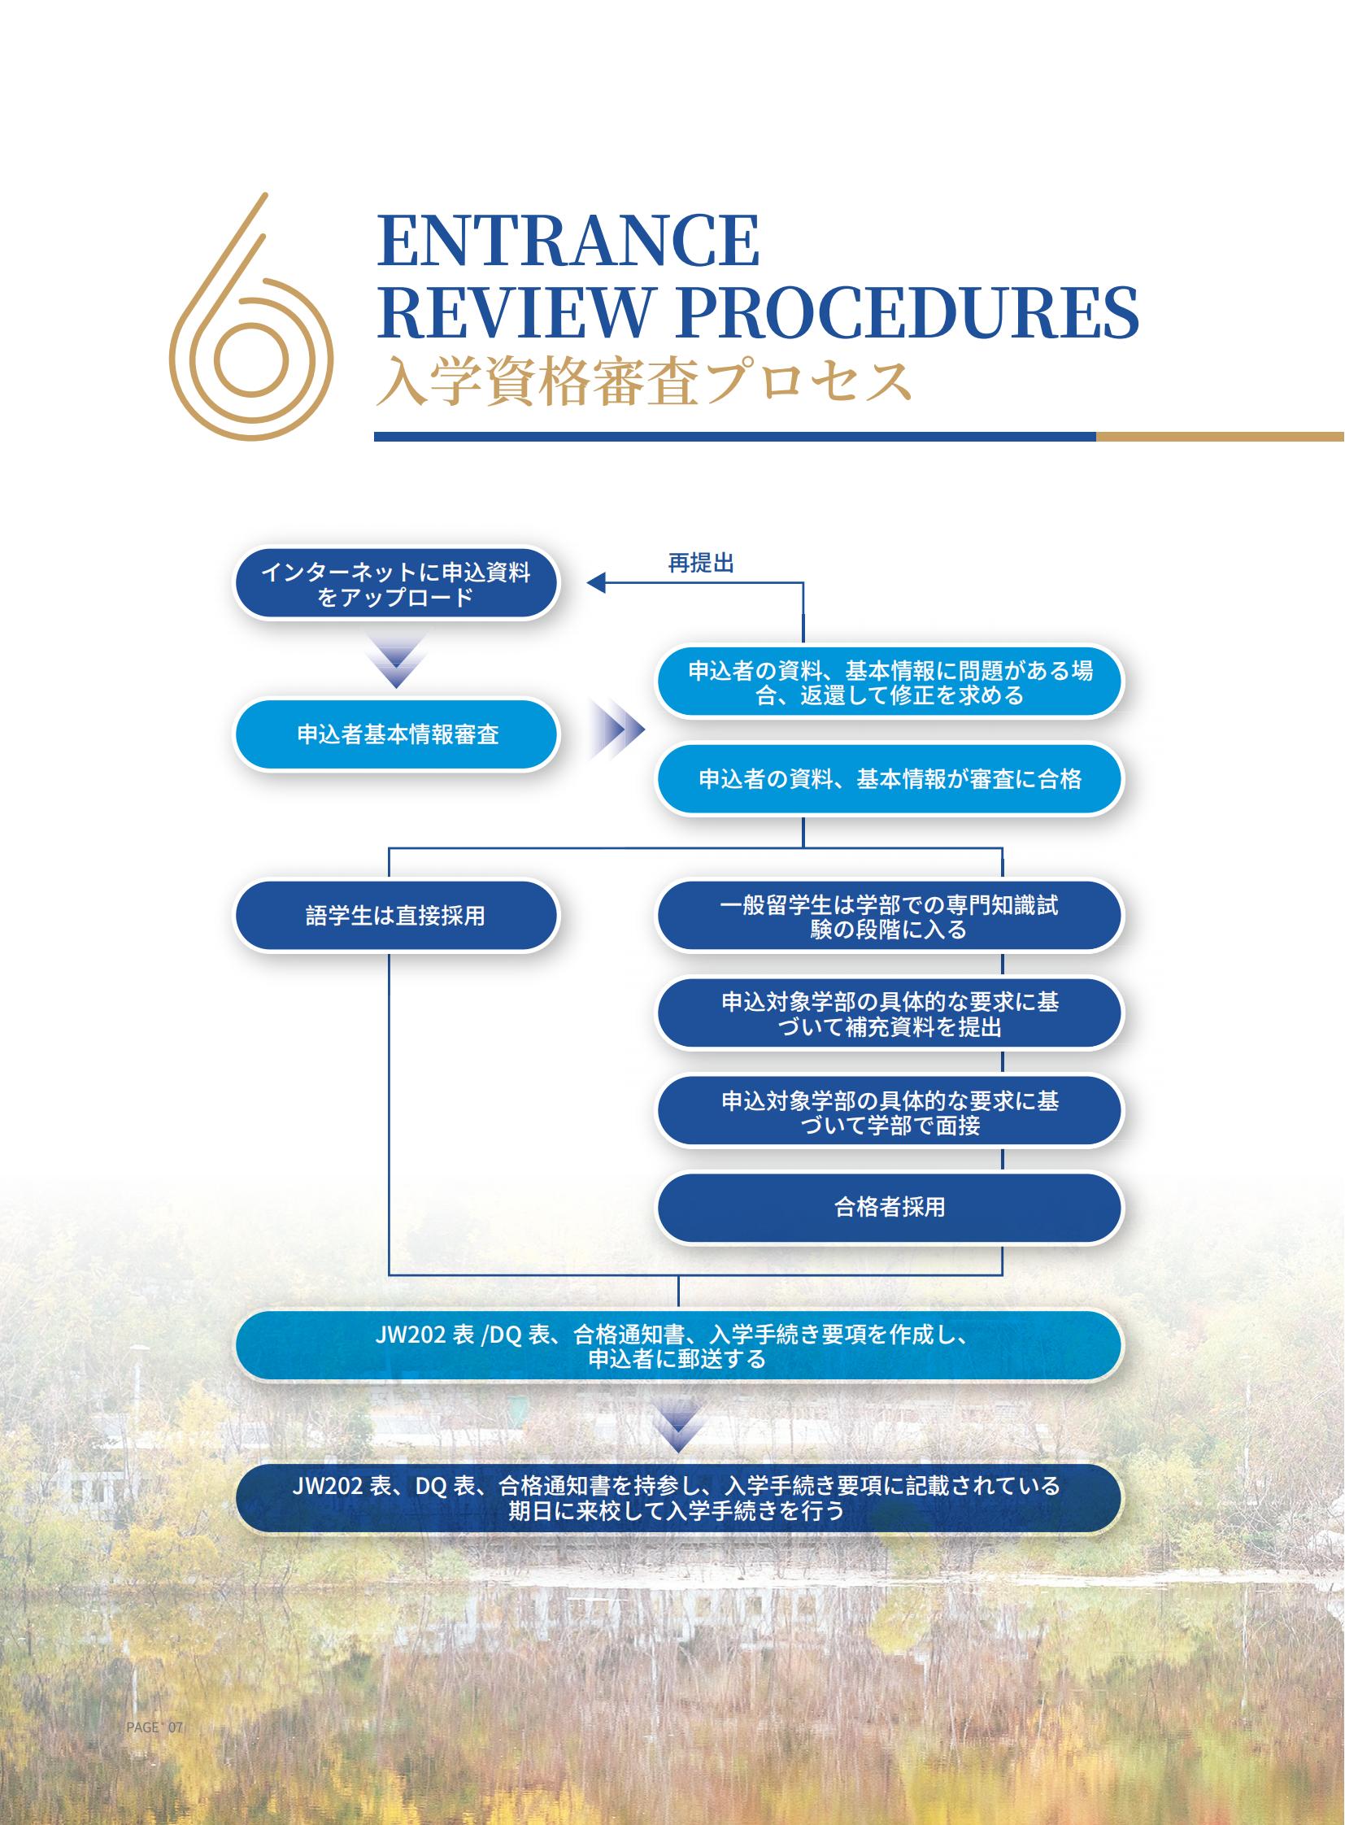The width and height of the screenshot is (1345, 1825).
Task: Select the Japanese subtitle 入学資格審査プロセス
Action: point(644,381)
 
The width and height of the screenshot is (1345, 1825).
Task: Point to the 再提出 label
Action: point(701,563)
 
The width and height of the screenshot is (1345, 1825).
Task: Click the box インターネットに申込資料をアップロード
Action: point(397,583)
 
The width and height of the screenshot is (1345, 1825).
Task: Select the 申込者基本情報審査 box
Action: point(397,734)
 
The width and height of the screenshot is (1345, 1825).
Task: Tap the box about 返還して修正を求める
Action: point(889,682)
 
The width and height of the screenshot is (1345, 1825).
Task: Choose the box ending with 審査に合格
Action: point(889,778)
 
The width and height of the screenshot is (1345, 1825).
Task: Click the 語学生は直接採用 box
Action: point(397,916)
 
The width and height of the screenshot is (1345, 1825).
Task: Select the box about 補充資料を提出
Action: point(889,1013)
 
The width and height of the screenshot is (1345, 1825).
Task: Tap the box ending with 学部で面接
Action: point(889,1112)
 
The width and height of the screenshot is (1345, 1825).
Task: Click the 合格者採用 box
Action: point(889,1207)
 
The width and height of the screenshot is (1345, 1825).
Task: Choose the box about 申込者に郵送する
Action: point(678,1345)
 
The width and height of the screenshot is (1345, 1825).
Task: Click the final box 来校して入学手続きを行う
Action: point(678,1497)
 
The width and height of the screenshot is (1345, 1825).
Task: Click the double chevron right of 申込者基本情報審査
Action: point(617,729)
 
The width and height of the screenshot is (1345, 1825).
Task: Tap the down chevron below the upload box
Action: point(397,662)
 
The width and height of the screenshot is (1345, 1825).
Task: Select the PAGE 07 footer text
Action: point(155,1727)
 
